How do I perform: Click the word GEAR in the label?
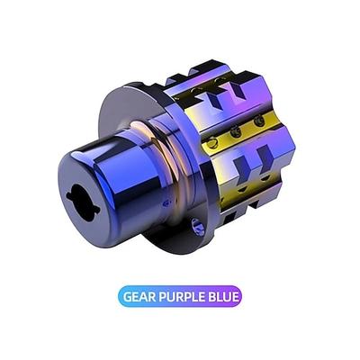click(139, 296)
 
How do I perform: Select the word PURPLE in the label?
click(182, 296)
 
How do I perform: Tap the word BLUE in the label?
click(223, 296)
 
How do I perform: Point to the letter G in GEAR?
click(128, 296)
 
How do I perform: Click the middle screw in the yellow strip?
click(236, 132)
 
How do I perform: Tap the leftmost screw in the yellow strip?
click(212, 142)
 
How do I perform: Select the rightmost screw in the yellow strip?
click(258, 121)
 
